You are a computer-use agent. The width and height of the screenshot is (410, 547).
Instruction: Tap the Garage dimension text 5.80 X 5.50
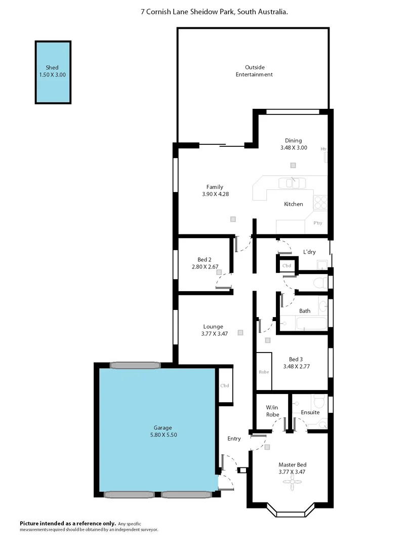click(x=163, y=435)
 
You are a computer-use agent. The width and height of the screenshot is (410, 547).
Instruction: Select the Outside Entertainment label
click(x=254, y=71)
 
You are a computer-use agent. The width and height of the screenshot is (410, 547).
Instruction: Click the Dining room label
click(x=293, y=141)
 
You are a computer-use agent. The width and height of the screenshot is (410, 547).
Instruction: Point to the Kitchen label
click(x=293, y=204)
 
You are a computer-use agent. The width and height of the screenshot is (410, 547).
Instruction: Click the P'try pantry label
click(x=317, y=223)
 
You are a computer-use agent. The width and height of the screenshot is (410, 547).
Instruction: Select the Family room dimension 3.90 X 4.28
click(x=214, y=193)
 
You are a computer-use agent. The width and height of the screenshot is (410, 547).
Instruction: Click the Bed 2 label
click(x=206, y=259)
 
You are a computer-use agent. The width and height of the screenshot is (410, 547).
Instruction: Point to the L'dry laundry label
click(x=309, y=252)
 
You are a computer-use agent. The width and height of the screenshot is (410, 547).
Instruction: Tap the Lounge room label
click(x=213, y=327)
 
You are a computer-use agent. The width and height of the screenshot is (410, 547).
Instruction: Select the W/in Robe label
click(x=272, y=411)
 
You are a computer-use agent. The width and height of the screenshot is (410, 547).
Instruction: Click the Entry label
click(x=234, y=439)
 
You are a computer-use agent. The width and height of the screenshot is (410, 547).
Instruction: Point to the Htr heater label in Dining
click(x=323, y=149)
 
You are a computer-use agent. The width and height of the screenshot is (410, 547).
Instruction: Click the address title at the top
click(x=215, y=11)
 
